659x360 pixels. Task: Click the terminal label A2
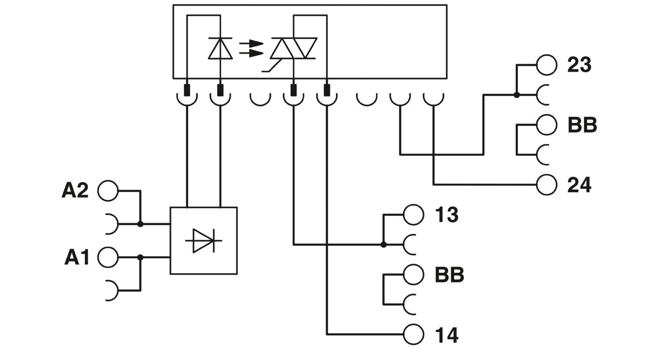coord(75,191)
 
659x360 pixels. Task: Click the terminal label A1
coord(77,258)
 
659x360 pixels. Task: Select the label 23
coord(579,65)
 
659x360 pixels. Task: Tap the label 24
coord(579,185)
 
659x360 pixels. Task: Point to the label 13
coord(447,215)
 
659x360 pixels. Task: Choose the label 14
coord(447,335)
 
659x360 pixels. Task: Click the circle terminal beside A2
coord(108,191)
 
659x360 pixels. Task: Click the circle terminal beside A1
coord(108,258)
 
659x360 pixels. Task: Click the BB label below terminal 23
coord(582,125)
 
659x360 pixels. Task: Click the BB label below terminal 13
coord(449,275)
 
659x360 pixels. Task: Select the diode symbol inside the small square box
coord(203,241)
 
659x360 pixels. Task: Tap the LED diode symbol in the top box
coord(220,48)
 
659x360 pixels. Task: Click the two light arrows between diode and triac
coord(251,48)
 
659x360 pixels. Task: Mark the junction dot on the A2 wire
coord(140,224)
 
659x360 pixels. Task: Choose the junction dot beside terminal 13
coord(384,245)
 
